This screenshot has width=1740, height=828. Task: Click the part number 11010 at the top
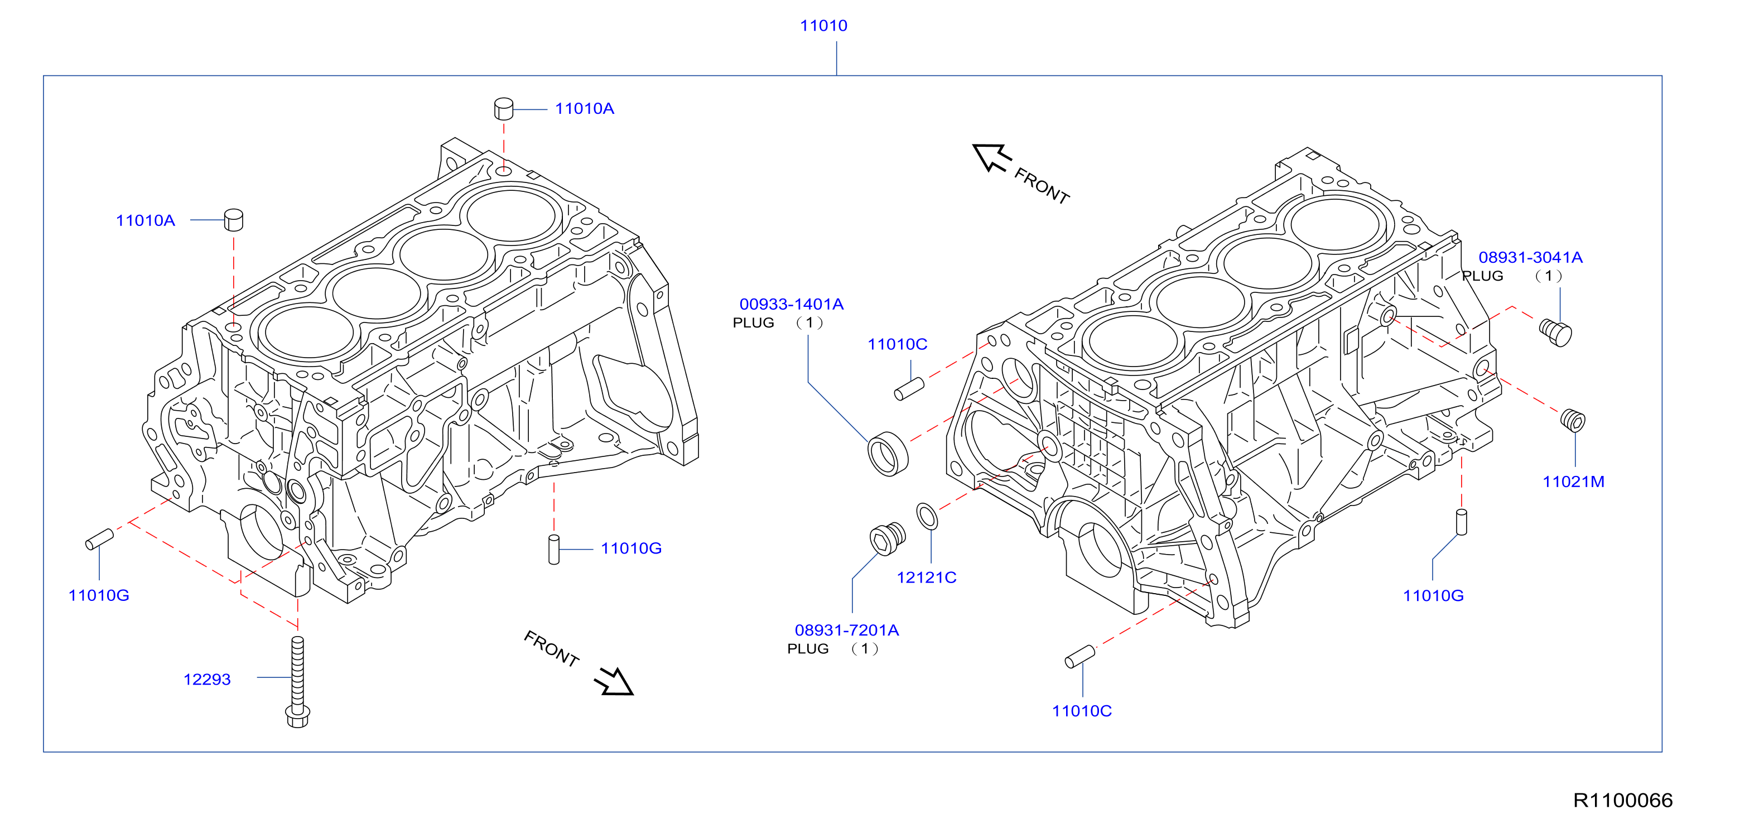[x=823, y=26]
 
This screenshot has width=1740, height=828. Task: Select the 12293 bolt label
[x=207, y=680]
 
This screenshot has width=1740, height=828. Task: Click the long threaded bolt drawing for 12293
[x=298, y=682]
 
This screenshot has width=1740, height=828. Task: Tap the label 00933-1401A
[x=791, y=305]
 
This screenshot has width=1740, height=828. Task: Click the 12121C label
[x=926, y=577]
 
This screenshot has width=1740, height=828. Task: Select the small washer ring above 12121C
[x=927, y=517]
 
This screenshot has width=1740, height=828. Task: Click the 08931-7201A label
[x=846, y=630]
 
